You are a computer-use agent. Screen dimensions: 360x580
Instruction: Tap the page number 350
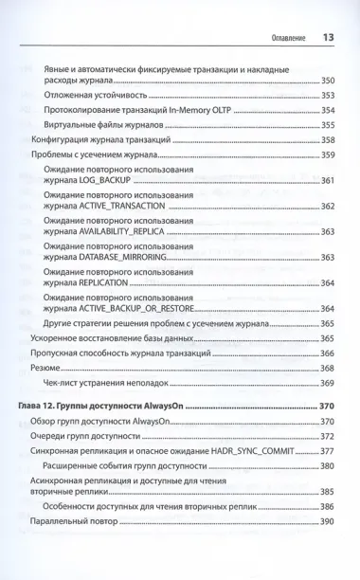pos(327,82)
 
